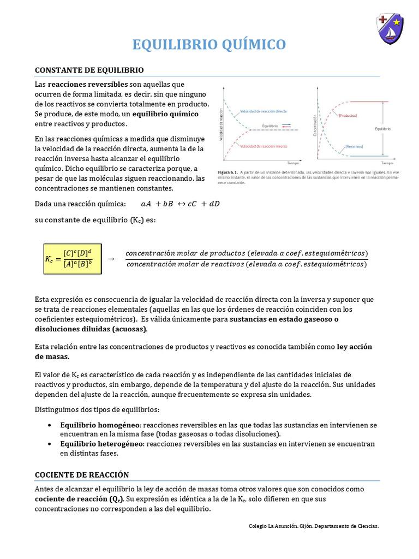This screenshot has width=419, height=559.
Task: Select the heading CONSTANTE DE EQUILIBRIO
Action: (89, 70)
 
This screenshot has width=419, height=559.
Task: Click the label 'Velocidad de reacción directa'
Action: (264, 111)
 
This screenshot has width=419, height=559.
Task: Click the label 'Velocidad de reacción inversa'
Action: (263, 146)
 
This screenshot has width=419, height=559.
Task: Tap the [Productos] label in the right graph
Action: (348, 116)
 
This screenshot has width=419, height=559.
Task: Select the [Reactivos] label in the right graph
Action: (354, 146)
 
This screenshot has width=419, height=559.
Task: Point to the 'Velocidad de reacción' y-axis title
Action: (221, 123)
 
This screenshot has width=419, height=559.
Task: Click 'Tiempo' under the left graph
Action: (294, 163)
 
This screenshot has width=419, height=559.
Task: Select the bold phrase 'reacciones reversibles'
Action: (88, 85)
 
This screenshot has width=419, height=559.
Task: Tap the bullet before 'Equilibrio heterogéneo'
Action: (50, 444)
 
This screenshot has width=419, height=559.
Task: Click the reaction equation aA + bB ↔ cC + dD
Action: (180, 204)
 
